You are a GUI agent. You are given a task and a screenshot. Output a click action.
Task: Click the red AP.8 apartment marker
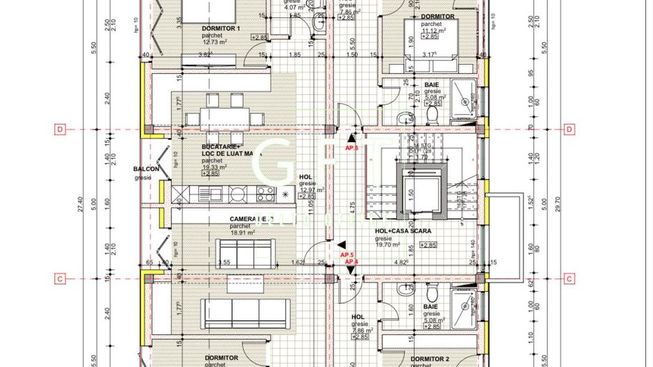pos(351,148)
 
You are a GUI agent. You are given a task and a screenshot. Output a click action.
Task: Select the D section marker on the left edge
pos(61,130)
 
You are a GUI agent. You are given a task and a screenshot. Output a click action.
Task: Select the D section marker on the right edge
pos(569,130)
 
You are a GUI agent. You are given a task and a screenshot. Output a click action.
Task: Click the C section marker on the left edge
pos(61,279)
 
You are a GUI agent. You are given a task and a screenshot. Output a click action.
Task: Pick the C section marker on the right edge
pos(569,279)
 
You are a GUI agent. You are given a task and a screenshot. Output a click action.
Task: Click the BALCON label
pos(147,169)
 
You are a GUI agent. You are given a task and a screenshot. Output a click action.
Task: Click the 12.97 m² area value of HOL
pos(311,190)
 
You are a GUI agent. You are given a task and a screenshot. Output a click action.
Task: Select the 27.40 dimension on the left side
pos(81,203)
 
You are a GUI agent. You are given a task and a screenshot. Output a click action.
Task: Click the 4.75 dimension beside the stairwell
pos(354,205)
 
